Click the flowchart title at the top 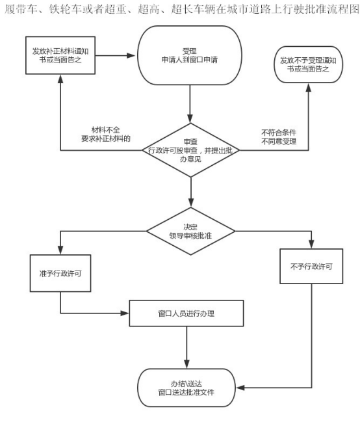tap(181, 9)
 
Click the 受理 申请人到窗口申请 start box tap(190, 55)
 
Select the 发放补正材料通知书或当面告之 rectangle tap(60, 55)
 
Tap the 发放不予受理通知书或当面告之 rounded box tap(309, 64)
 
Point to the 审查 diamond tap(191, 150)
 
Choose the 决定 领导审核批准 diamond tap(191, 232)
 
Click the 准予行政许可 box tap(60, 273)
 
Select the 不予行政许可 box tap(311, 267)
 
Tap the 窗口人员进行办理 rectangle tap(186, 313)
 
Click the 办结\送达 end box tap(186, 388)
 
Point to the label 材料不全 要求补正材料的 tap(106, 134)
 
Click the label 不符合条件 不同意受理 tap(279, 137)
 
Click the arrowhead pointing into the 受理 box tap(131, 56)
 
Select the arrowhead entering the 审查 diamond tap(190, 119)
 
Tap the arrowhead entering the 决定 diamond tap(191, 203)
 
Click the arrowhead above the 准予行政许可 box tap(60, 250)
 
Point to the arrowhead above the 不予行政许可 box tap(311, 245)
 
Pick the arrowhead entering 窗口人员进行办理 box tap(125, 313)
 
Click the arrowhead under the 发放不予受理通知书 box tap(309, 87)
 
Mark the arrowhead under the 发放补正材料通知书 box tap(60, 79)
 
